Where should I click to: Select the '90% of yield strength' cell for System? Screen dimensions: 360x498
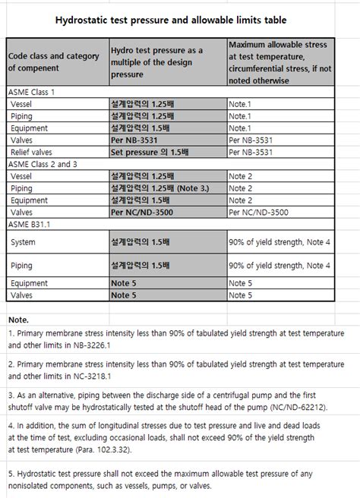[x=279, y=242]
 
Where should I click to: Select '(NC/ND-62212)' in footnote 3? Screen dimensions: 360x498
[x=305, y=406]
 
